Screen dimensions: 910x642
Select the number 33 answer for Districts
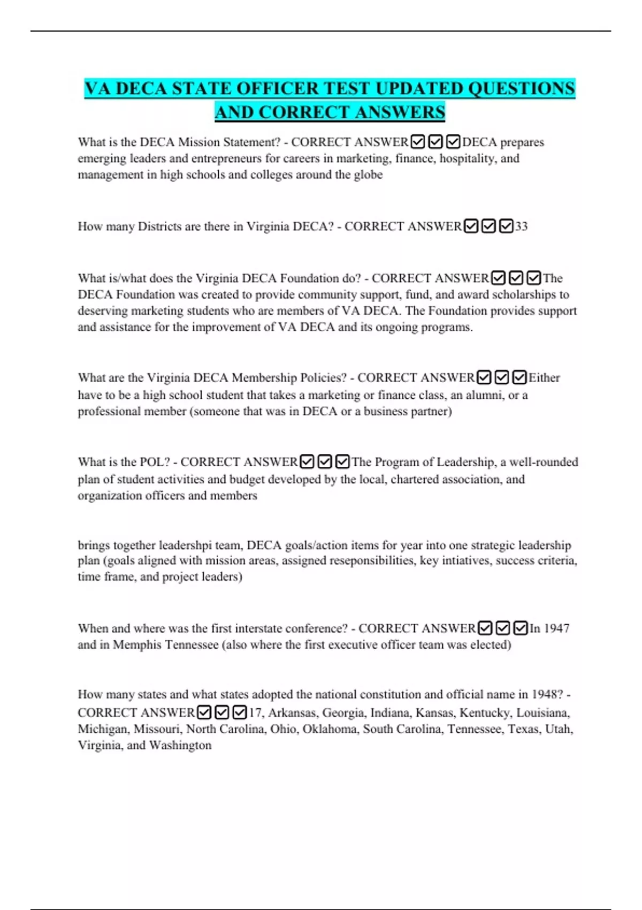[521, 226]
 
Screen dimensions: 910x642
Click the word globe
[368, 175]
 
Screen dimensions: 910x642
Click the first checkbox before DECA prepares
[418, 142]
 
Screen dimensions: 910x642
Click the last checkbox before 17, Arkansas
[240, 712]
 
